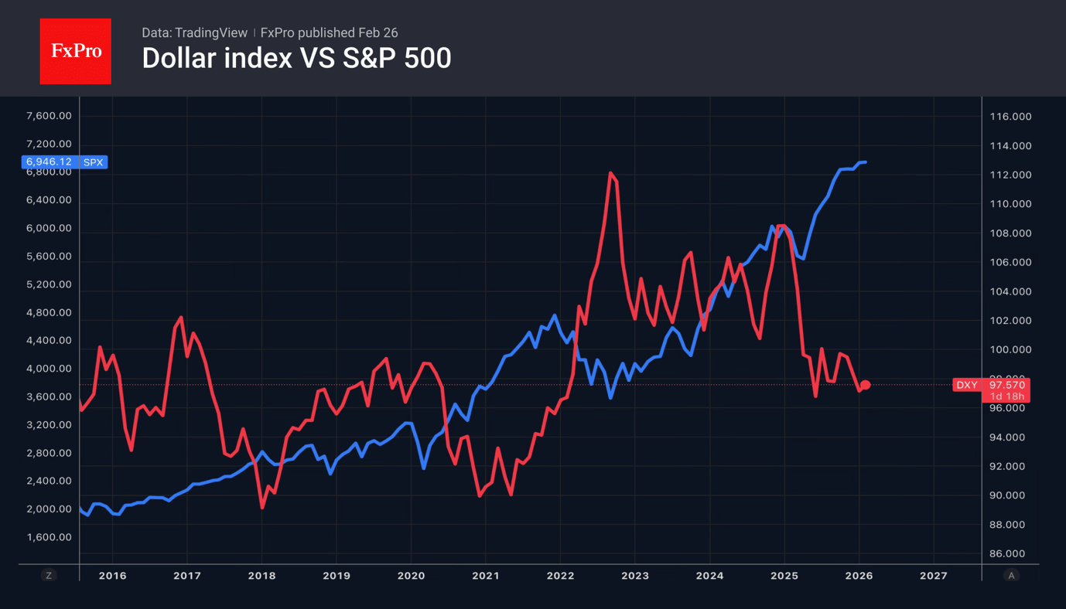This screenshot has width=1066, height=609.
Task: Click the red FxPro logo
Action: (x=75, y=51)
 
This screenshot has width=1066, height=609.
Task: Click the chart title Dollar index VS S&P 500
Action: (x=296, y=59)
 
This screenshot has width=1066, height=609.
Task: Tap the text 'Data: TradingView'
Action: (x=194, y=32)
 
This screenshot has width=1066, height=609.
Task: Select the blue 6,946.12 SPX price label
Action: (x=64, y=162)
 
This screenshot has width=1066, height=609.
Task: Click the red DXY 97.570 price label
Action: (x=991, y=385)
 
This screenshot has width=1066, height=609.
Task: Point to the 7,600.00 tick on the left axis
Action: (x=49, y=116)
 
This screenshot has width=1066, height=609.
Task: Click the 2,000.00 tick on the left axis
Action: (x=49, y=509)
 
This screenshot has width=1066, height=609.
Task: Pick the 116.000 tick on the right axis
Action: (x=1010, y=117)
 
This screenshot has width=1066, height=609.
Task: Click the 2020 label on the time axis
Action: (x=411, y=576)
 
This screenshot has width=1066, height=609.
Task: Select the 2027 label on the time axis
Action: (x=934, y=576)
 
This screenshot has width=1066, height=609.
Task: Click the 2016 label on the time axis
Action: (x=113, y=576)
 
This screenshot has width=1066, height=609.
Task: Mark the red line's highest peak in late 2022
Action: (x=610, y=173)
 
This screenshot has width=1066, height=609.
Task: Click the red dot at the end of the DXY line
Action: (x=866, y=385)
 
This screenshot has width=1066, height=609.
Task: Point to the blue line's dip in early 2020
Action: (x=424, y=468)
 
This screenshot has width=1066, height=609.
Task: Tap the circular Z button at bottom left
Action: (x=49, y=575)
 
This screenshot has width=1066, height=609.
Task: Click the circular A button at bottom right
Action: (x=1011, y=575)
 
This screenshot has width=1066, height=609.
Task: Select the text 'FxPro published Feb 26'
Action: (x=329, y=32)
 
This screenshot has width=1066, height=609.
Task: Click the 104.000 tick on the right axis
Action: (x=1010, y=291)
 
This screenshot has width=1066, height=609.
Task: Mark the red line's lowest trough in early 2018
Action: (x=262, y=507)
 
